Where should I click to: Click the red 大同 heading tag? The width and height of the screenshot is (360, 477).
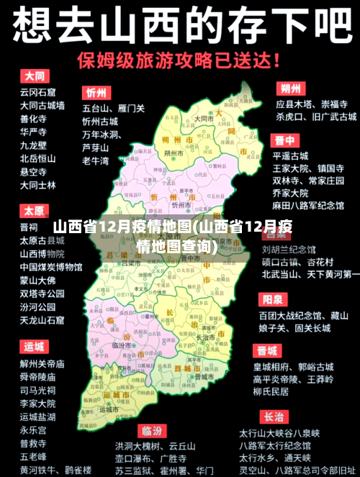34,76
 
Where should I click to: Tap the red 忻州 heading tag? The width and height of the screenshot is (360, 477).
96,93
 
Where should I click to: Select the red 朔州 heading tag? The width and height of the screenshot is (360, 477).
290,88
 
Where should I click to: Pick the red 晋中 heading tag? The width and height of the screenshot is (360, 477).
284,140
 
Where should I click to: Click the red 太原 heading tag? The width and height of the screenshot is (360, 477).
33,211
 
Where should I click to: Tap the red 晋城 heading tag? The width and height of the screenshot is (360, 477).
266,350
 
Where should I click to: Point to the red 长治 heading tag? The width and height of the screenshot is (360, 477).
273,417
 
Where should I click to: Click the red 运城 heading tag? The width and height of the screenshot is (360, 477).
33,347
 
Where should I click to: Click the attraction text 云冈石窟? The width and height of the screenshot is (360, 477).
37,92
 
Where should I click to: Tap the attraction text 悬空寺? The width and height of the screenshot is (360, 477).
33,172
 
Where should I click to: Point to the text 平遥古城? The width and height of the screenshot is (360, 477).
290,155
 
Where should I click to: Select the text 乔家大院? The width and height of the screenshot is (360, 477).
290,193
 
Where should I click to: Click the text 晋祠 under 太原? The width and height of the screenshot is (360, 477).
29,227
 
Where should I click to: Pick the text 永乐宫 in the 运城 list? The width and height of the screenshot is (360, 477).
33,430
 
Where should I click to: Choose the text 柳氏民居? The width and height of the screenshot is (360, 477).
271,391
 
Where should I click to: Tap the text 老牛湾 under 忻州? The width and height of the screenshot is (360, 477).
96,160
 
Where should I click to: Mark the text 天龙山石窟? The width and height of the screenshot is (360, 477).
42,319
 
